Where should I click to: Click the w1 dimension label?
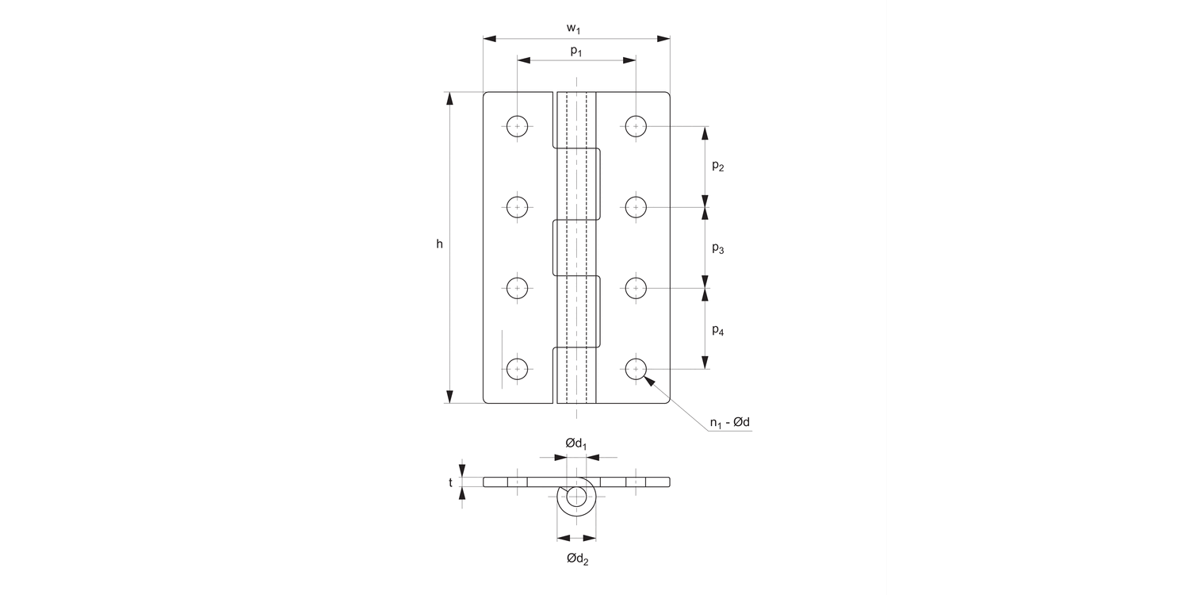pos(576,29)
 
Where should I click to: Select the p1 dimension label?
pos(576,51)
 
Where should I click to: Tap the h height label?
pos(439,244)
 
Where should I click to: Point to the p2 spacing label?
pos(717,167)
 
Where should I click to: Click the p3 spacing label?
pos(717,249)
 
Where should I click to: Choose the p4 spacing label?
pos(717,331)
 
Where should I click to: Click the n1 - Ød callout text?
pos(729,423)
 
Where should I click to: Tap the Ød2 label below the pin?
pos(577,559)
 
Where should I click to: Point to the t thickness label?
pos(451,482)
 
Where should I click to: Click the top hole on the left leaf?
pos(518,125)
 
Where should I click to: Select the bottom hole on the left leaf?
pos(518,369)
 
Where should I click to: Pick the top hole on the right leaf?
pos(636,125)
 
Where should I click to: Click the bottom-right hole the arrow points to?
pos(636,369)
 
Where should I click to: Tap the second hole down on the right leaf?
pos(636,207)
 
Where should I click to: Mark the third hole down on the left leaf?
pos(518,288)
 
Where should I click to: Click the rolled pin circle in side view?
pos(576,498)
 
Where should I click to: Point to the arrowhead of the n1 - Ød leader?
pos(649,380)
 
